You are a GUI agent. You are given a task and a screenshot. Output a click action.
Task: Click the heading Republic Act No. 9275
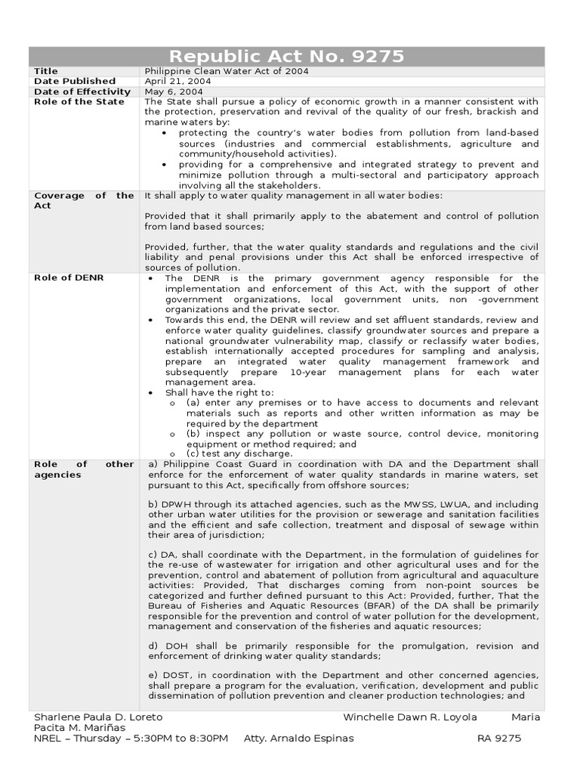click(286, 57)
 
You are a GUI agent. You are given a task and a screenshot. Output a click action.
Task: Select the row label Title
click(45, 71)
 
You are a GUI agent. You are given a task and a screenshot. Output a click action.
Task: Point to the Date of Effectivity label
click(82, 91)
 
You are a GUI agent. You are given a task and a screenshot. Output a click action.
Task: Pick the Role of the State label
click(79, 102)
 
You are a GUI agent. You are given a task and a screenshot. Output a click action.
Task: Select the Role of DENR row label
click(69, 278)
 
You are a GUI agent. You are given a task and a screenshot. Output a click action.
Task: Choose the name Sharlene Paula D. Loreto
click(98, 717)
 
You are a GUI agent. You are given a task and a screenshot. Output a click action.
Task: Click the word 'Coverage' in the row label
click(59, 196)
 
